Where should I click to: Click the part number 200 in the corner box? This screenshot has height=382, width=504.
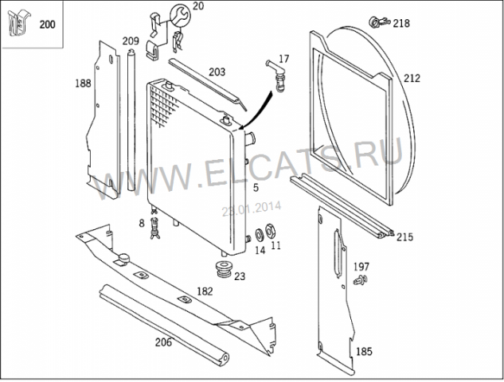(x=47, y=25)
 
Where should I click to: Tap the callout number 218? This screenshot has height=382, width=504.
(x=401, y=23)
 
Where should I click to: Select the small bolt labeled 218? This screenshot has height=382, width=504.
(x=379, y=21)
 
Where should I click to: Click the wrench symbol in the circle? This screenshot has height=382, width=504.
(x=180, y=15)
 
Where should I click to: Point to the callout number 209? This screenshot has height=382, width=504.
(x=131, y=41)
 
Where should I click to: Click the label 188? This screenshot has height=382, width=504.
(x=83, y=84)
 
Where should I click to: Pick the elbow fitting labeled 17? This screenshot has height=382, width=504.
(x=275, y=76)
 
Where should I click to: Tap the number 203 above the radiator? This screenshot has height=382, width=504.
(x=217, y=72)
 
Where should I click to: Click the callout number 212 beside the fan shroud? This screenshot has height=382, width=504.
(x=412, y=78)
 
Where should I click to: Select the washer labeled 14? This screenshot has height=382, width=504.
(x=260, y=235)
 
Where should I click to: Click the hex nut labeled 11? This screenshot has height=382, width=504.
(x=269, y=231)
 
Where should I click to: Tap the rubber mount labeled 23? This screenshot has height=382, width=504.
(x=224, y=269)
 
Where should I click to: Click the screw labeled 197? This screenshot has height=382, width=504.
(x=361, y=280)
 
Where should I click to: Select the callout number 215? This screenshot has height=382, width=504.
(x=404, y=237)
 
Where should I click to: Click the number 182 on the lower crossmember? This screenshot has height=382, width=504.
(x=205, y=291)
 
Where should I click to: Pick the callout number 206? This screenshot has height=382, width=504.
(x=163, y=342)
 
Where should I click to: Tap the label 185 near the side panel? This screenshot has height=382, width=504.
(x=364, y=352)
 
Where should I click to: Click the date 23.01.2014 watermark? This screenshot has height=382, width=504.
(x=252, y=209)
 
